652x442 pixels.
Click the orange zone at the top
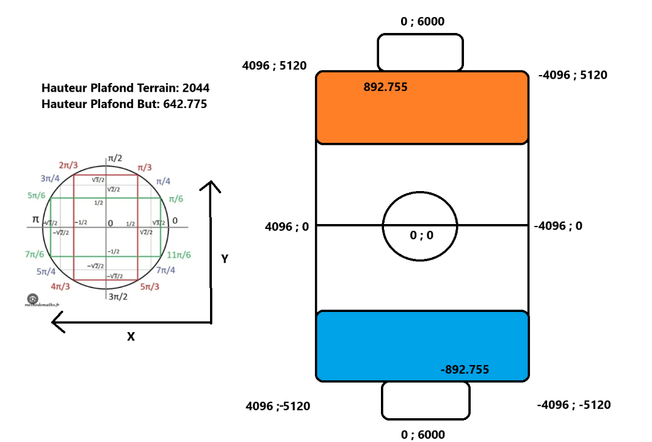click(421, 116)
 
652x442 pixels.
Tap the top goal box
click(420, 53)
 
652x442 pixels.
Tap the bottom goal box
click(426, 400)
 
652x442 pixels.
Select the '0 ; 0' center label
click(421, 236)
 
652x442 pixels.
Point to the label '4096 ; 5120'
click(274, 65)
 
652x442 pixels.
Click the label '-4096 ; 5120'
click(573, 75)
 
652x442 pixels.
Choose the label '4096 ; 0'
click(286, 226)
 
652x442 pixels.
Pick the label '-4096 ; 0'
click(558, 226)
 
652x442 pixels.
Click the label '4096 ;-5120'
click(278, 406)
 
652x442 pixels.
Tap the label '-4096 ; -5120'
click(573, 405)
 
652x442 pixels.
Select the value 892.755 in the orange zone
click(385, 87)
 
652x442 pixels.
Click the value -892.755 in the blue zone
click(464, 369)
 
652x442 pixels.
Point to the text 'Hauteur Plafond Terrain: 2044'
click(125, 88)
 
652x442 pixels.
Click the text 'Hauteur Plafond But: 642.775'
click(124, 104)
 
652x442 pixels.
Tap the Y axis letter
click(225, 259)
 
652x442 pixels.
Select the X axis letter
click(131, 336)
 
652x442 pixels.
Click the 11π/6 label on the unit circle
click(179, 255)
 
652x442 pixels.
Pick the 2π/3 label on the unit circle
click(68, 165)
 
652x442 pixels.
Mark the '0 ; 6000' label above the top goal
click(422, 22)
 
